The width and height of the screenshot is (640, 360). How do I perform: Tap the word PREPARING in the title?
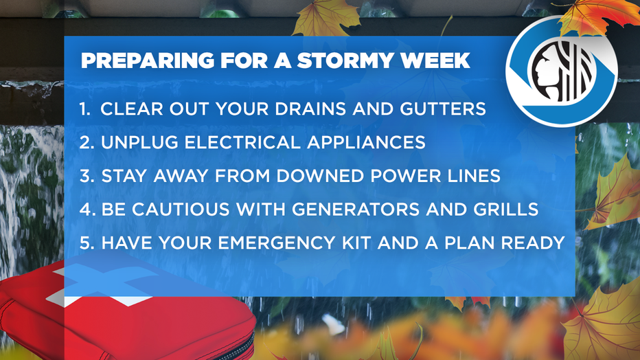coord(148,61)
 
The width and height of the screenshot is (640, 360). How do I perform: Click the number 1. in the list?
coord(85,109)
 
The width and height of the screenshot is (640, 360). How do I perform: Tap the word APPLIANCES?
coord(366,142)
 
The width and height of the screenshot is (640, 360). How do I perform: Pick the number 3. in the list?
coord(87,176)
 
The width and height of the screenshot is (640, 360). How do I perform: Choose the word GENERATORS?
coord(356,210)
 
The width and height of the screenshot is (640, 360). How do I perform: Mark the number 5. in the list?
coord(87,243)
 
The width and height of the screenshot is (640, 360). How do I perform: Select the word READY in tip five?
coord(533,243)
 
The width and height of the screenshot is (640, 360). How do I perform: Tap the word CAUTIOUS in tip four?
coord(181,210)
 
